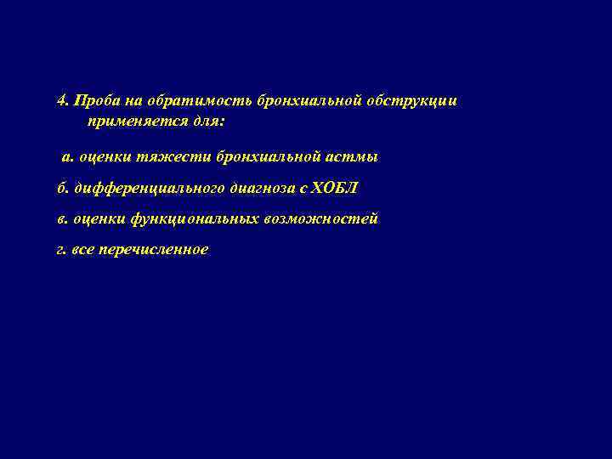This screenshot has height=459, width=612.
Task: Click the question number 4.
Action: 61,100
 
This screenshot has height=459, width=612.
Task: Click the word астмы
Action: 350,157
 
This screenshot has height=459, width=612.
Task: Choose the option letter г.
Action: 61,250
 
